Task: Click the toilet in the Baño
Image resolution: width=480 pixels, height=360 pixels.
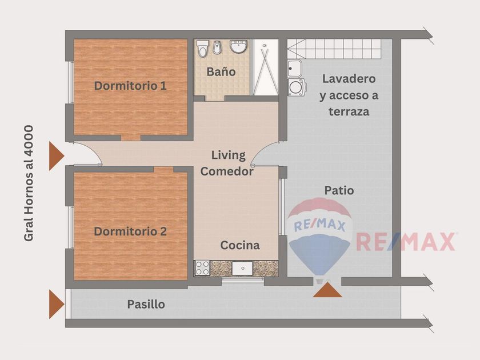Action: click(x=202, y=49)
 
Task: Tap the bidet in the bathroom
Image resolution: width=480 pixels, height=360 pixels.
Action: click(x=217, y=47)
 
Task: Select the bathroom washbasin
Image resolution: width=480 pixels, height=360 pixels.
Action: click(x=239, y=46)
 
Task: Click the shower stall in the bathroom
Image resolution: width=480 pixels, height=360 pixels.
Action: click(x=265, y=67)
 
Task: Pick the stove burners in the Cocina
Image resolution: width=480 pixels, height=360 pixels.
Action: click(x=202, y=268)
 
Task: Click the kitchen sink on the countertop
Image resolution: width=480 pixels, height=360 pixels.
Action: click(x=242, y=268)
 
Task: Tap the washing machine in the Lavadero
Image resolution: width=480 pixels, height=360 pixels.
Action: click(x=297, y=87)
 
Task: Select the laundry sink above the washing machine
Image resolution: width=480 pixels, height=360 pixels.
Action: click(x=295, y=68)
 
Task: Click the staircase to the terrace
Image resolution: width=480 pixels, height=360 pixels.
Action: click(x=334, y=49)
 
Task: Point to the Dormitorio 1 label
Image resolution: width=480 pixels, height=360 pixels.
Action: click(x=130, y=86)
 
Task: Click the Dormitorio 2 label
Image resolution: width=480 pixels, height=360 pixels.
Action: click(x=130, y=231)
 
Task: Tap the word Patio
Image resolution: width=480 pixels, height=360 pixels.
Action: click(x=339, y=190)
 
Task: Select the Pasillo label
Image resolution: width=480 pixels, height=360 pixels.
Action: click(x=146, y=304)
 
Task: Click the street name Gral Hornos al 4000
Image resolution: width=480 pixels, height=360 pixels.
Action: click(x=29, y=183)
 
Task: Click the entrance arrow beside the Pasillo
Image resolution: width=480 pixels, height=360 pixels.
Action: click(x=57, y=304)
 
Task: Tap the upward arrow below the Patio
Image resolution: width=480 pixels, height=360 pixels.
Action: click(x=327, y=290)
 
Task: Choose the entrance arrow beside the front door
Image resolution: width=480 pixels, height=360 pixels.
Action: click(x=57, y=156)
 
